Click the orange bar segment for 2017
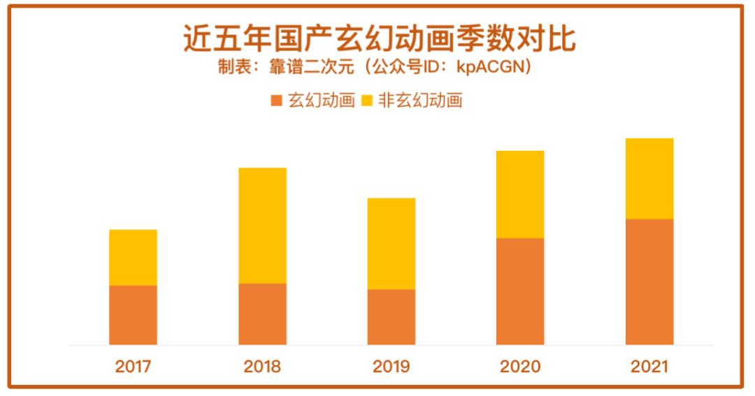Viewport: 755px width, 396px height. tap(133, 314)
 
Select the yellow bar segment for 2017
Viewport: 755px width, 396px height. tap(133, 257)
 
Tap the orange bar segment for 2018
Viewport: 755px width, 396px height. tap(262, 314)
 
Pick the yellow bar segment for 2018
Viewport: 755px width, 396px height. tap(262, 225)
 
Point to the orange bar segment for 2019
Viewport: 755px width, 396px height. tap(391, 316)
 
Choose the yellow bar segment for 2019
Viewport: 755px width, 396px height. tap(391, 243)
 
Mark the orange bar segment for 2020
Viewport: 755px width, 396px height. tap(520, 291)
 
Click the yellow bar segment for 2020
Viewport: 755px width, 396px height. tap(520, 194)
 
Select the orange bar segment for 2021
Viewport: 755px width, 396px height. tap(649, 281)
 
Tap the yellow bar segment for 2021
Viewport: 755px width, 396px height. tap(649, 178)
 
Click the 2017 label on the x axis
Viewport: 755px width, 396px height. tap(133, 367)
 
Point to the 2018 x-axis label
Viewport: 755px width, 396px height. tap(262, 367)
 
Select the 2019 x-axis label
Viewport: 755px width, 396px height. tap(391, 367)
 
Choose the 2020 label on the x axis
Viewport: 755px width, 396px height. tap(520, 367)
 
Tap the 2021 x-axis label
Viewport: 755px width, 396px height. tap(649, 367)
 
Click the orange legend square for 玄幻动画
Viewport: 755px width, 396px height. tap(276, 101)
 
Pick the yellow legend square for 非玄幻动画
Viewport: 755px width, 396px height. tap(366, 101)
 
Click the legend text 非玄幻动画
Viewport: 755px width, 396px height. tap(420, 101)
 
